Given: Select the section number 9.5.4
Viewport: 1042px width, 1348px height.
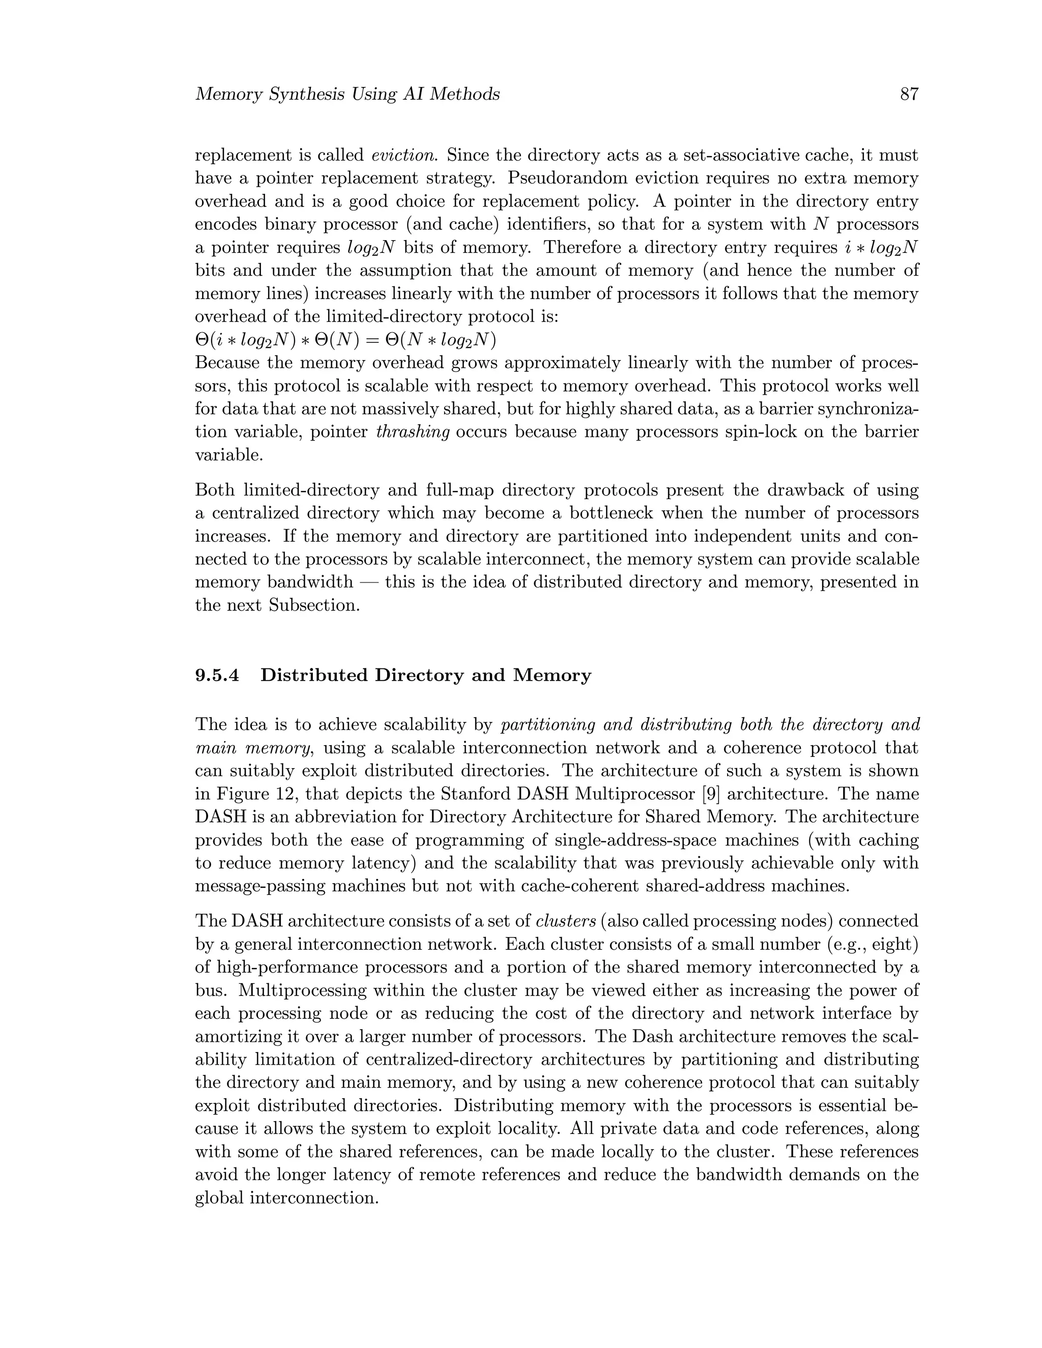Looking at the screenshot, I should pos(217,675).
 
